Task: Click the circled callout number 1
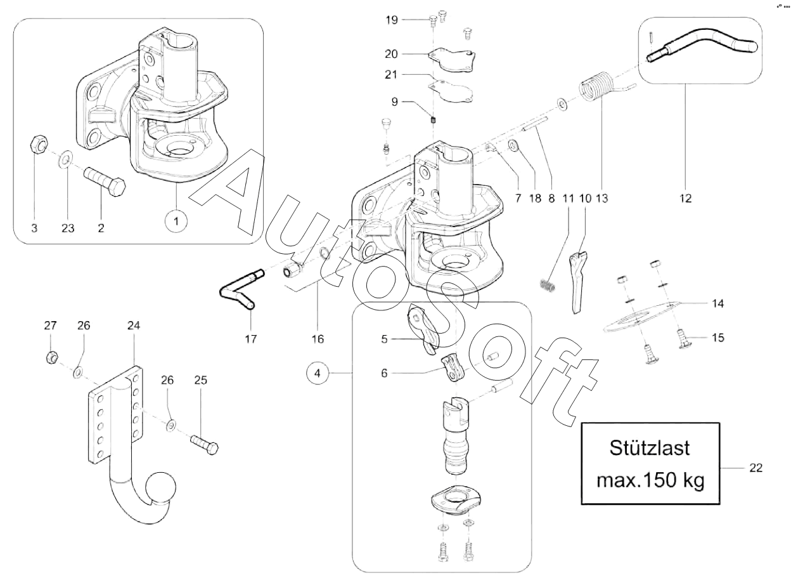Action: click(x=176, y=221)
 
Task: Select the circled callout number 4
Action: click(x=318, y=373)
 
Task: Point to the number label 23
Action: click(x=68, y=228)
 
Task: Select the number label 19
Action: click(x=391, y=20)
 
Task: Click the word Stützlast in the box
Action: click(x=650, y=448)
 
